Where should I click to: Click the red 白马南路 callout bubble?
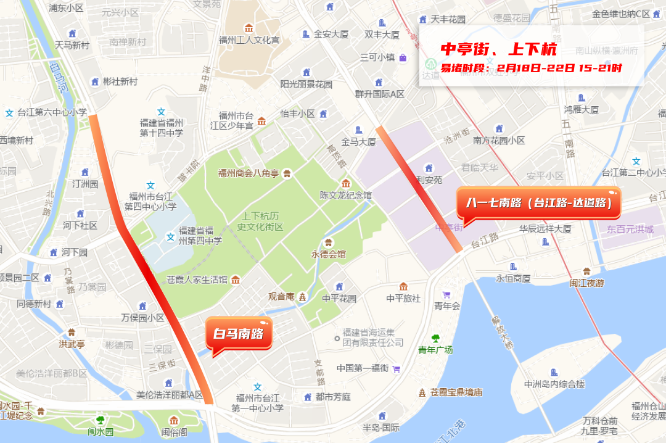[x=238, y=334]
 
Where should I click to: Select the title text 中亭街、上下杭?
[x=498, y=49]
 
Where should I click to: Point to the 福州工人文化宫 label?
[x=249, y=40]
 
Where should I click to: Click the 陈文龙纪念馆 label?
[x=345, y=195]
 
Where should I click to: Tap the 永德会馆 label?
[x=329, y=254]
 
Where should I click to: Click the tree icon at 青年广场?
[x=435, y=338]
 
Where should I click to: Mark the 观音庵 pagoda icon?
[x=302, y=297]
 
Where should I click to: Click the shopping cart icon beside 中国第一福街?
[x=396, y=368]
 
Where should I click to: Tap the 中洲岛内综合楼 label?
[x=554, y=384]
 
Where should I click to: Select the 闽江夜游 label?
[x=586, y=283]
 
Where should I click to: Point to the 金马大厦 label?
[x=358, y=141]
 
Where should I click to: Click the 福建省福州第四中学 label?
[x=200, y=236]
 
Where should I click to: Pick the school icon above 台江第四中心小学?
[x=150, y=185]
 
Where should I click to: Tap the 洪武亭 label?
[x=72, y=344]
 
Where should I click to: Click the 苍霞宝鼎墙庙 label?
[x=456, y=392]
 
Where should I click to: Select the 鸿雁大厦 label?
[x=581, y=110]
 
